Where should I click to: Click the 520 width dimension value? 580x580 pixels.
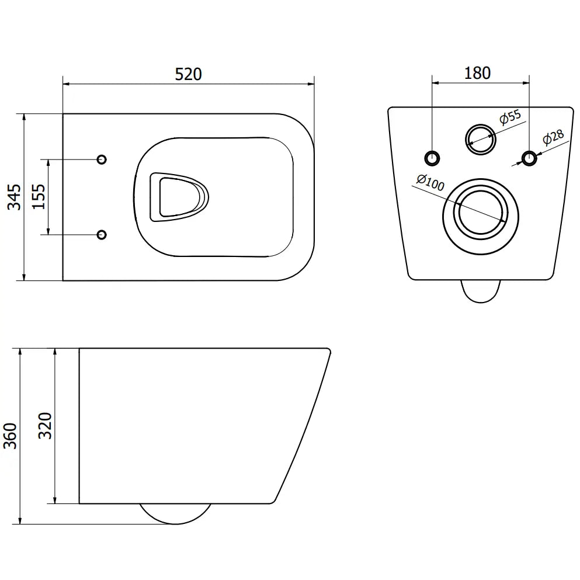click(188, 74)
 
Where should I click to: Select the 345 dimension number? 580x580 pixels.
click(15, 197)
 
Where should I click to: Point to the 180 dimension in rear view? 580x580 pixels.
click(477, 73)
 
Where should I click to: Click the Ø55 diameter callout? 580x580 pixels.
click(510, 117)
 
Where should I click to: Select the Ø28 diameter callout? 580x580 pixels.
click(552, 139)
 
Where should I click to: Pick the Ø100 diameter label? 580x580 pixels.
click(430, 183)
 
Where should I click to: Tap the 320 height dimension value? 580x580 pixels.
click(46, 425)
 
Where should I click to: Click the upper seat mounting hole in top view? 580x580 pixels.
click(101, 159)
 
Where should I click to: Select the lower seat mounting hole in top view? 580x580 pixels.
click(101, 234)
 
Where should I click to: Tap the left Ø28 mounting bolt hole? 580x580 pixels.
click(432, 157)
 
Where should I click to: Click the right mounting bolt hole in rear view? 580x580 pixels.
click(529, 157)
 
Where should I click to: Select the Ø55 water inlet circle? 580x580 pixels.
click(480, 138)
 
